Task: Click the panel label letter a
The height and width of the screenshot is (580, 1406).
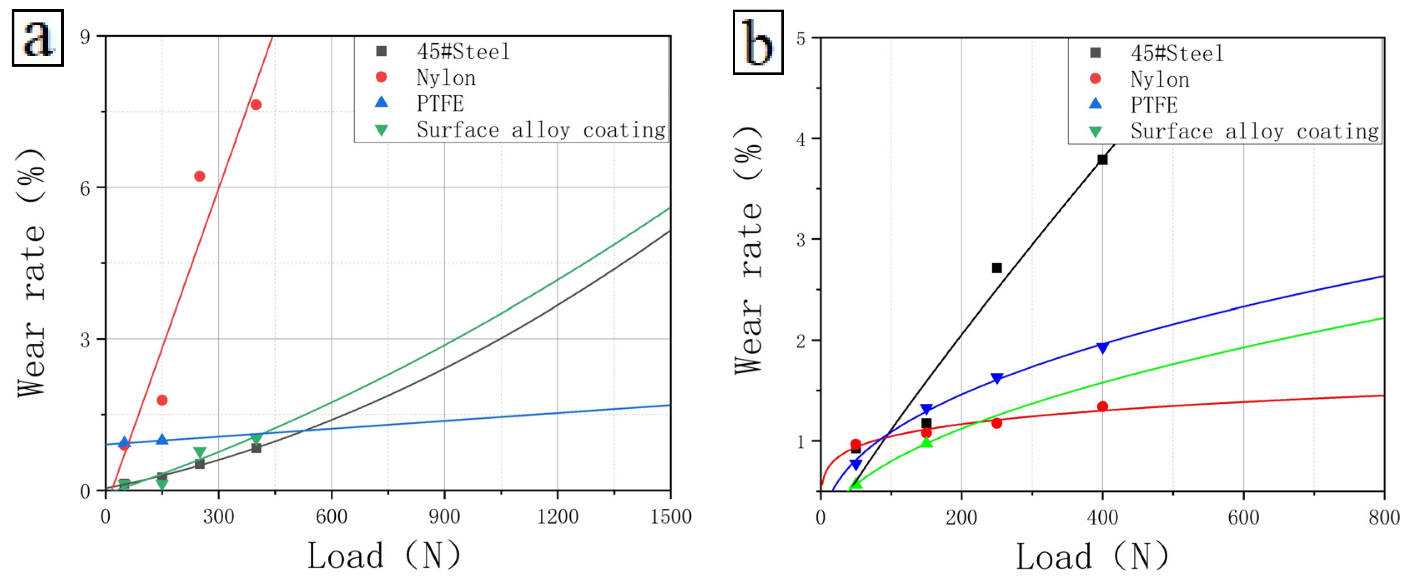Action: pyautogui.click(x=37, y=38)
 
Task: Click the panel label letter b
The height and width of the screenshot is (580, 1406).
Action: pyautogui.click(x=758, y=42)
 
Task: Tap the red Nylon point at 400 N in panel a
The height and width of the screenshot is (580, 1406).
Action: pyautogui.click(x=256, y=104)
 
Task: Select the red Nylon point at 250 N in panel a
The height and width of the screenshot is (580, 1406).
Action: pyautogui.click(x=200, y=176)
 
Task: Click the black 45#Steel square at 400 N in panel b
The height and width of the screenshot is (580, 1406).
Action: pyautogui.click(x=1103, y=160)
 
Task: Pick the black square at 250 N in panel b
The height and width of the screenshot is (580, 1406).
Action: pyautogui.click(x=996, y=267)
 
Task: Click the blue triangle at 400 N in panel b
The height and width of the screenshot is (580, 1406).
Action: pyautogui.click(x=1103, y=348)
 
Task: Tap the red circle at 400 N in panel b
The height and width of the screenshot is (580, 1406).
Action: pyautogui.click(x=1103, y=406)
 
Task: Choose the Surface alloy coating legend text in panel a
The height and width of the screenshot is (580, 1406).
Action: pyautogui.click(x=541, y=130)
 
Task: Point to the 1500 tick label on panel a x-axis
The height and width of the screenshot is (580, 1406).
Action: pyautogui.click(x=670, y=517)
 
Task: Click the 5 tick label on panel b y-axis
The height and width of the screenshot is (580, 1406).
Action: pyautogui.click(x=801, y=39)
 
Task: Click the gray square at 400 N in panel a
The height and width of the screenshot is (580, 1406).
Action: pyautogui.click(x=256, y=448)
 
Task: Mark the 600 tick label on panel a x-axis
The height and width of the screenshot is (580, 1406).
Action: pyautogui.click(x=331, y=517)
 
